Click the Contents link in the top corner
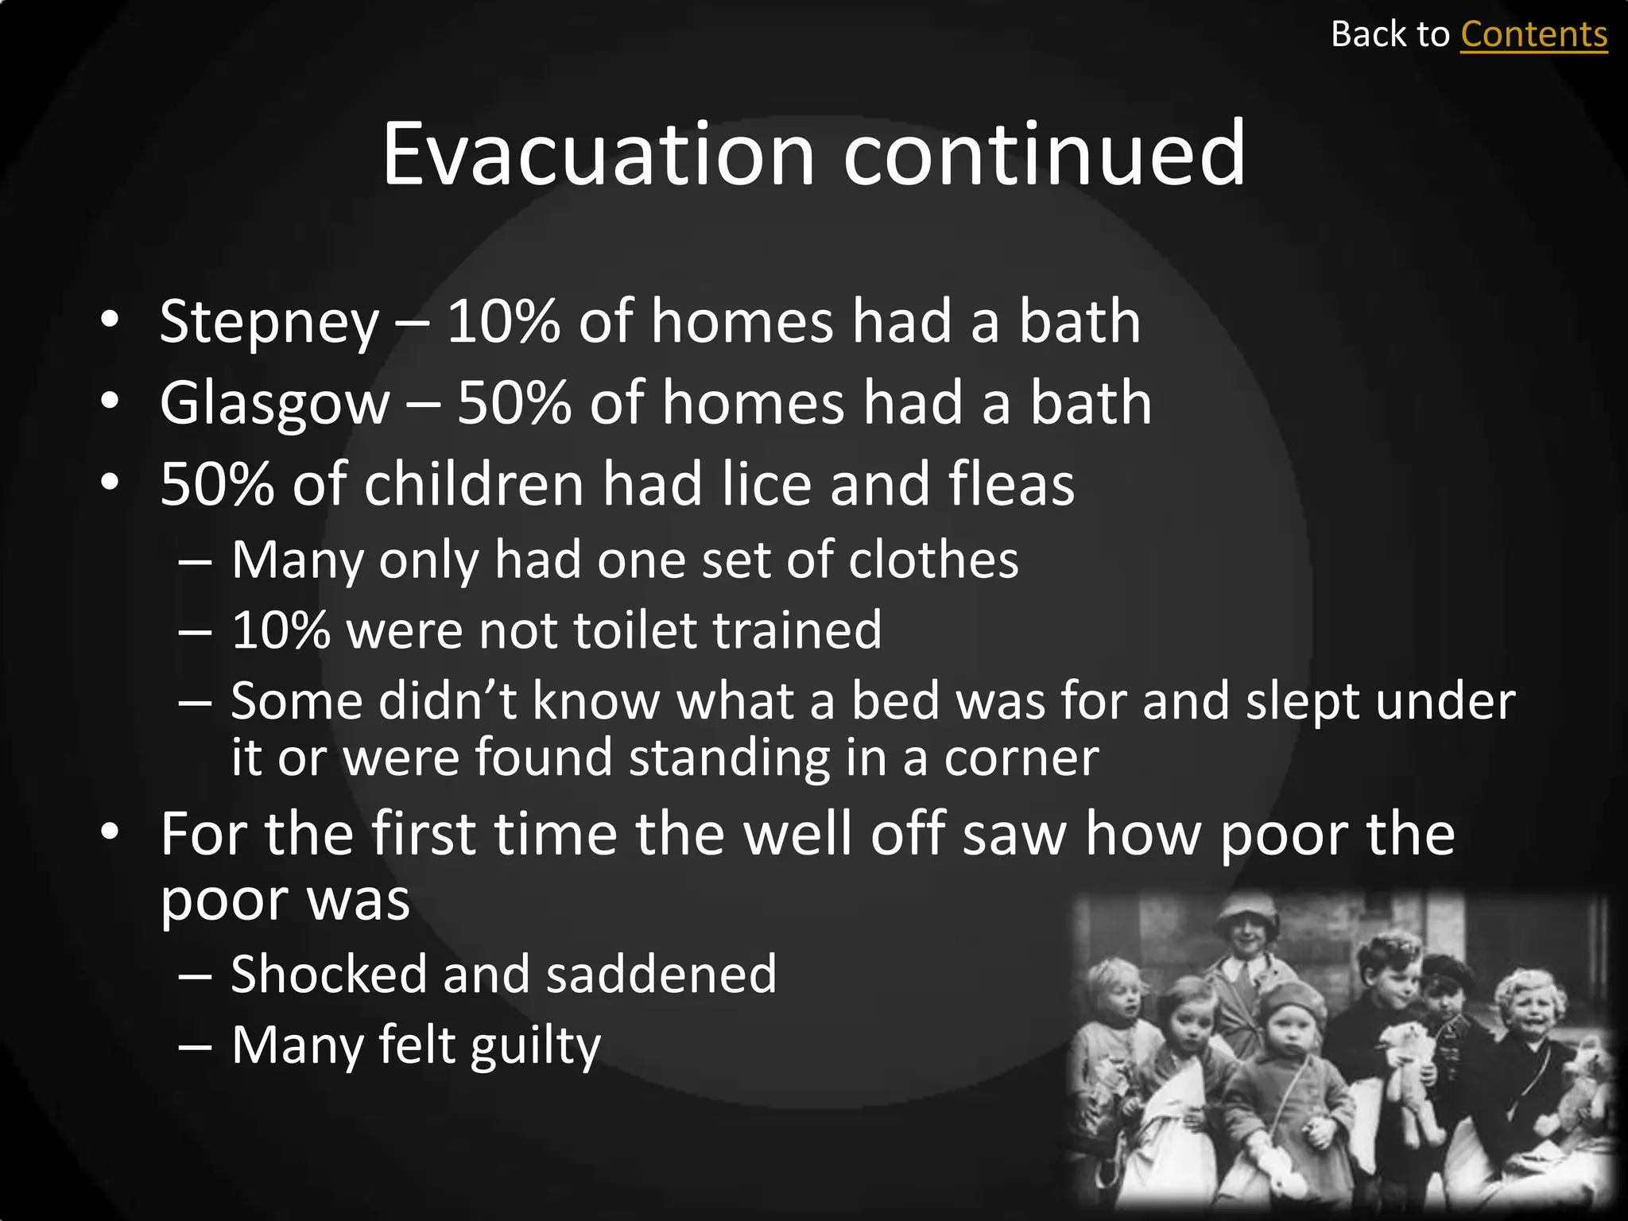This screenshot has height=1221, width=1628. click(x=1533, y=35)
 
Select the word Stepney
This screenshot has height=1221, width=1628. click(x=269, y=323)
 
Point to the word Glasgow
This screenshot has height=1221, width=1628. click(x=274, y=404)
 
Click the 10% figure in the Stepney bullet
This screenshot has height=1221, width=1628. click(x=502, y=321)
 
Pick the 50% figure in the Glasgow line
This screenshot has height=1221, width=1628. click(x=514, y=402)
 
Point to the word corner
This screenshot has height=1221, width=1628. click(x=1021, y=758)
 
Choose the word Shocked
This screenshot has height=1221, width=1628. click(x=328, y=974)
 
